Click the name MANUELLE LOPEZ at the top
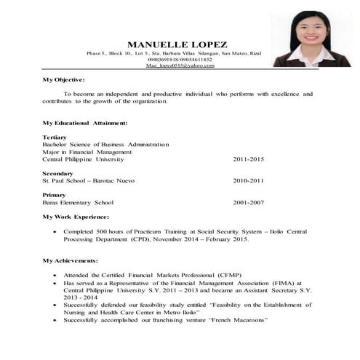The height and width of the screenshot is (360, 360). pyautogui.click(x=176, y=44)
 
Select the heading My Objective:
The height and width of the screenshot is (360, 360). pyautogui.click(x=64, y=79)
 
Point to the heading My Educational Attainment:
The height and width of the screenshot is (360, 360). pyautogui.click(x=85, y=123)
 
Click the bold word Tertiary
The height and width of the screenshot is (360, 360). pyautogui.click(x=55, y=137)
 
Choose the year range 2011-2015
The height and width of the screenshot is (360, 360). pyautogui.click(x=248, y=159)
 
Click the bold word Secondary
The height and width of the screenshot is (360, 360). pyautogui.click(x=58, y=173)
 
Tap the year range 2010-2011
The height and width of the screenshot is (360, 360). pyautogui.click(x=248, y=180)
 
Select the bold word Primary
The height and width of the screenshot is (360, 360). pyautogui.click(x=55, y=195)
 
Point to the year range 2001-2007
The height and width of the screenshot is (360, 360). pyautogui.click(x=248, y=202)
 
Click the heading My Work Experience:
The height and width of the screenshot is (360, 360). pyautogui.click(x=76, y=217)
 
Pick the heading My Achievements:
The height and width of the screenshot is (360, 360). pyautogui.click(x=71, y=260)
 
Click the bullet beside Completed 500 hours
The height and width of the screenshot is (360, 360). pyautogui.click(x=56, y=231)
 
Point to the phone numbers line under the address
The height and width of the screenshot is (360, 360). pyautogui.click(x=180, y=60)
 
